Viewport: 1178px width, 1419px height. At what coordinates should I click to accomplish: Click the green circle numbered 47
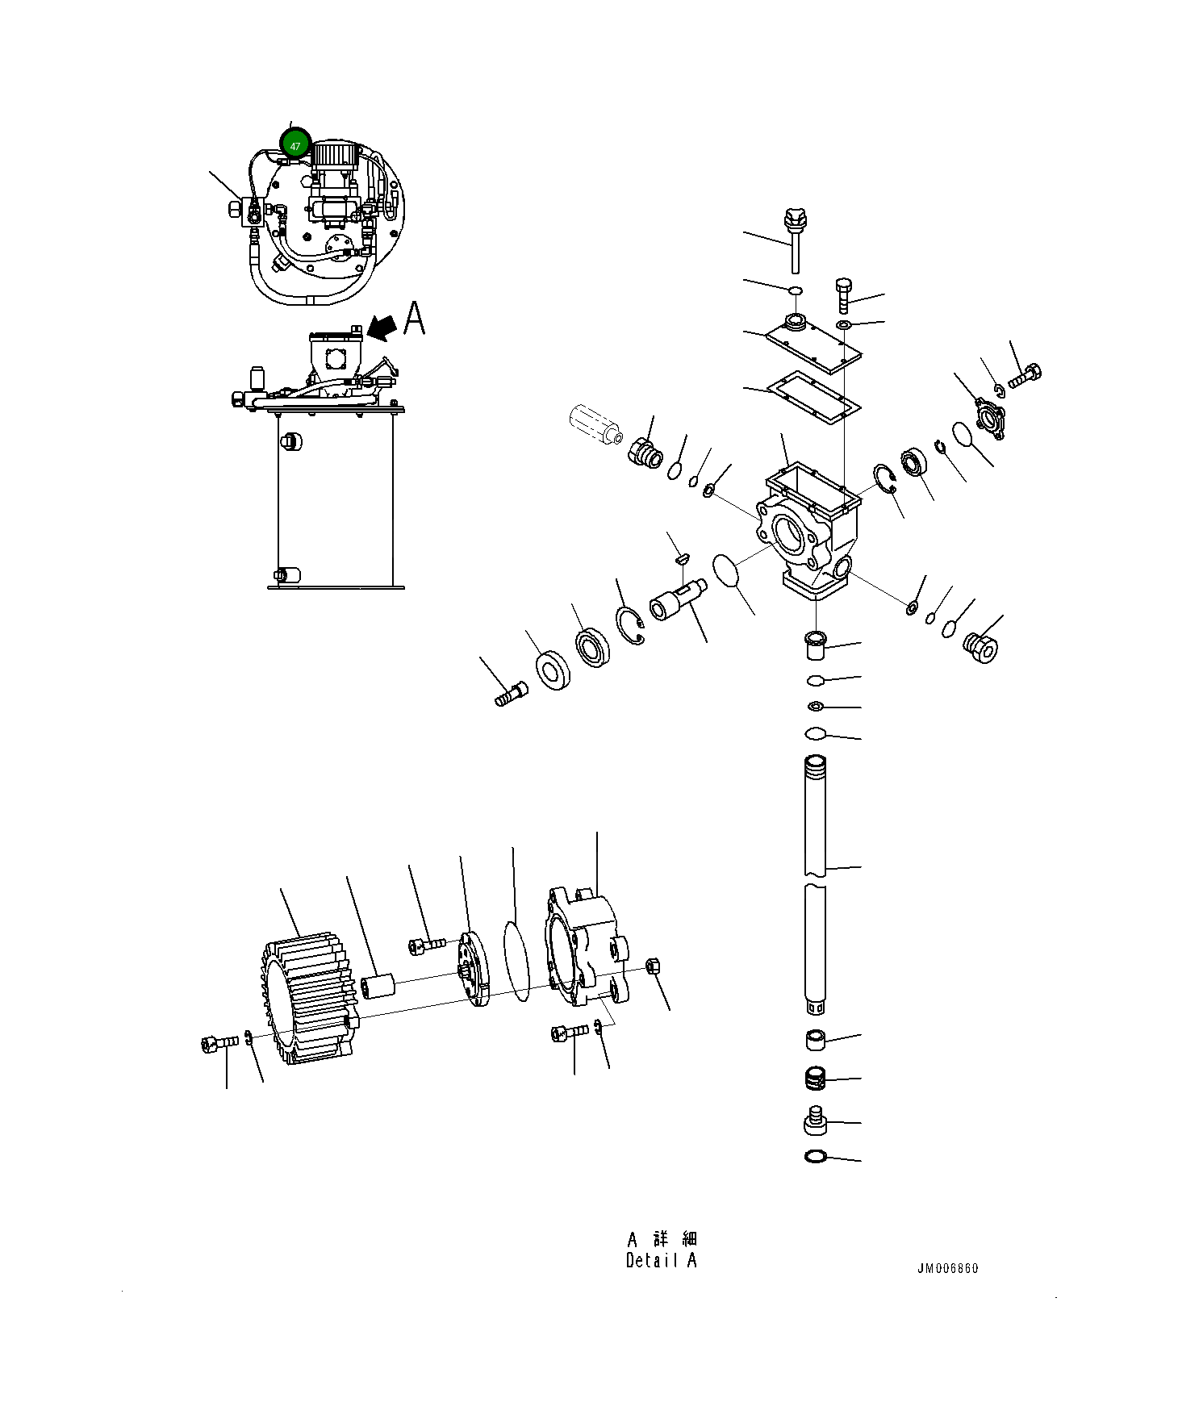(x=295, y=145)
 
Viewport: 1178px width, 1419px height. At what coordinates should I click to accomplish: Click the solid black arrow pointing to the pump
(x=382, y=327)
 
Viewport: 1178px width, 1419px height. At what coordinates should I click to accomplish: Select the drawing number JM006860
(x=947, y=1268)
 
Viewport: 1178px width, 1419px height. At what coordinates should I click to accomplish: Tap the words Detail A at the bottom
(x=661, y=1260)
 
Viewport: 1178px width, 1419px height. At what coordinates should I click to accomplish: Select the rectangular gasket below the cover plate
(x=813, y=395)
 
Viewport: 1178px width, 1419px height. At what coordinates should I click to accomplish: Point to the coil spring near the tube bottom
(x=816, y=1078)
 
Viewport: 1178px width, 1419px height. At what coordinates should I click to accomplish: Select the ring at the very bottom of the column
(x=816, y=1157)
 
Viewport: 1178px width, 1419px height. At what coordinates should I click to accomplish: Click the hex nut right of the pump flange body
(x=654, y=966)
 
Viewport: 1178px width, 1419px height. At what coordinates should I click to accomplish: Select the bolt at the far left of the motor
(x=218, y=1044)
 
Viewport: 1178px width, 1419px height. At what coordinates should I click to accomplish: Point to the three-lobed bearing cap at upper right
(x=989, y=418)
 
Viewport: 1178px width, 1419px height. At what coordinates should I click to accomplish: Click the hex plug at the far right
(x=981, y=648)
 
